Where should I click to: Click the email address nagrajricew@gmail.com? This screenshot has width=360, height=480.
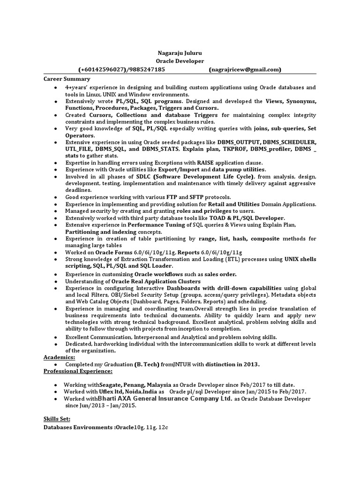245,70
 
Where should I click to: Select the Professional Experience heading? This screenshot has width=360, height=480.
78,371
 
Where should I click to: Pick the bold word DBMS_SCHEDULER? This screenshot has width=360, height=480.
289,142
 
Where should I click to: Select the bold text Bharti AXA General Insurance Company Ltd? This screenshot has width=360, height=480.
165,398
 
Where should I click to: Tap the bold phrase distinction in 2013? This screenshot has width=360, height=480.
232,364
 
